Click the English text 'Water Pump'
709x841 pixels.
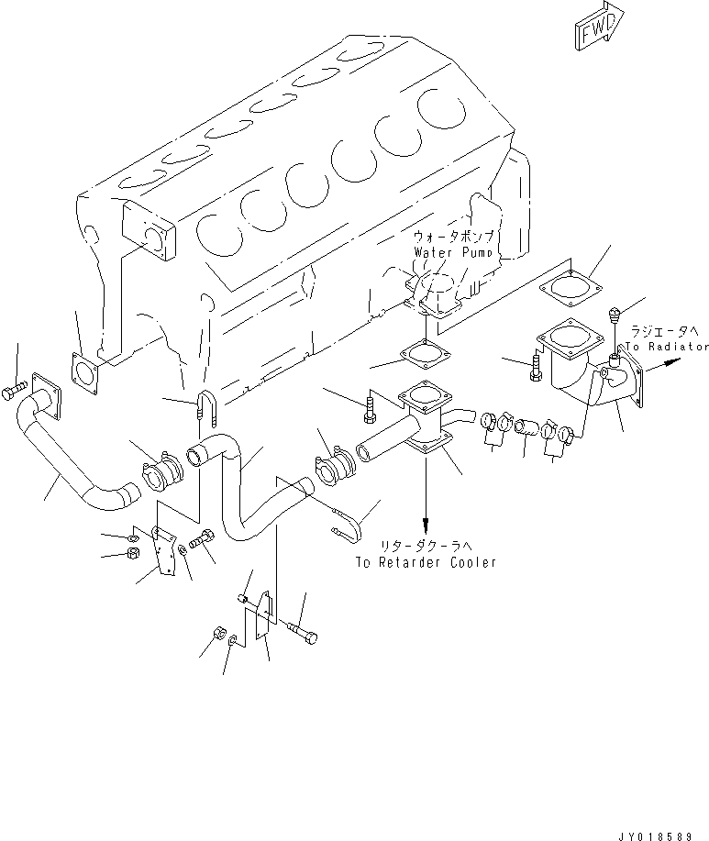click(453, 250)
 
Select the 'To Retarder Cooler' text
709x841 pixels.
click(426, 561)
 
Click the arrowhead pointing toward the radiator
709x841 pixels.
click(675, 362)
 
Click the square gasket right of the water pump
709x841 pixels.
click(569, 287)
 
